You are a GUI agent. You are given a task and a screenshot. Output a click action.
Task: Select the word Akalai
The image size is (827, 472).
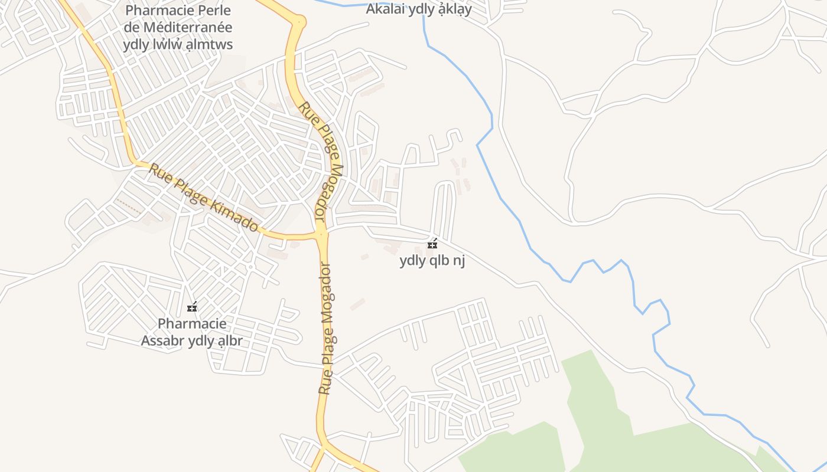[386, 9]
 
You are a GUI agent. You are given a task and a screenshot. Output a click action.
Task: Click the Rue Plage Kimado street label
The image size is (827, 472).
[203, 198]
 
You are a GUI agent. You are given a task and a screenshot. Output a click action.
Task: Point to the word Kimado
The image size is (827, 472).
[236, 214]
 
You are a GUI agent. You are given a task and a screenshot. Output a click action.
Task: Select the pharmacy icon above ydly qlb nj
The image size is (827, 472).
[432, 244]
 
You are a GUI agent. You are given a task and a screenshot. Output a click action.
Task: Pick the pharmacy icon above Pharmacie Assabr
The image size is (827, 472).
[192, 307]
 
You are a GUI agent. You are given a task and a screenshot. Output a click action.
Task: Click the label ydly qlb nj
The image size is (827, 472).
[432, 260]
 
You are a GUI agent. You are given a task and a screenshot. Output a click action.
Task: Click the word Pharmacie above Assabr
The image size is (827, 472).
[192, 324]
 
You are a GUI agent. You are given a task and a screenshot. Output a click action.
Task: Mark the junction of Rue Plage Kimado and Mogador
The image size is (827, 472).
[321, 234]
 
